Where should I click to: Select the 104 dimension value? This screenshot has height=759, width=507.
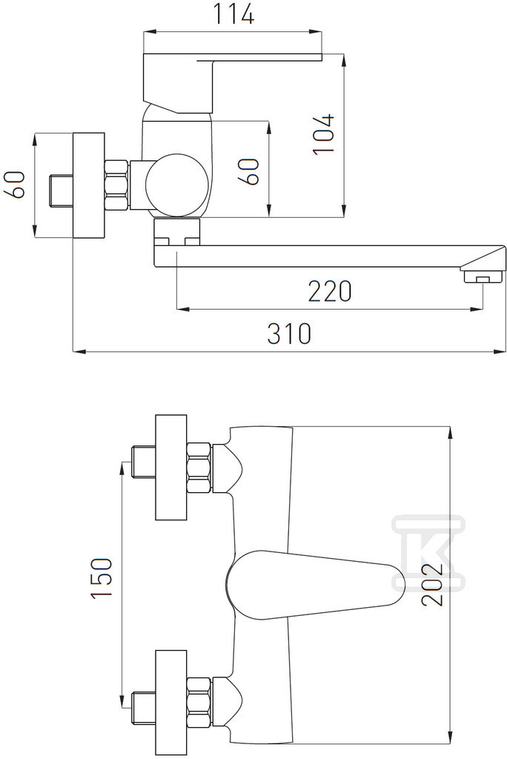pyautogui.click(x=323, y=134)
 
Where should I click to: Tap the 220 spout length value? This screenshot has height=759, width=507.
pyautogui.click(x=330, y=291)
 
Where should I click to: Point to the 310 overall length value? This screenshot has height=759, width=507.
pyautogui.click(x=289, y=334)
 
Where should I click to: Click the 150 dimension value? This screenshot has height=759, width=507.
pyautogui.click(x=102, y=578)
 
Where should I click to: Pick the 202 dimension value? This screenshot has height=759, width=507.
pyautogui.click(x=432, y=584)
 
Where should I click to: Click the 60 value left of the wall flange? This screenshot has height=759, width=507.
pyautogui.click(x=14, y=185)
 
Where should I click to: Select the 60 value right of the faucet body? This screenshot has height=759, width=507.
pyautogui.click(x=248, y=171)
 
